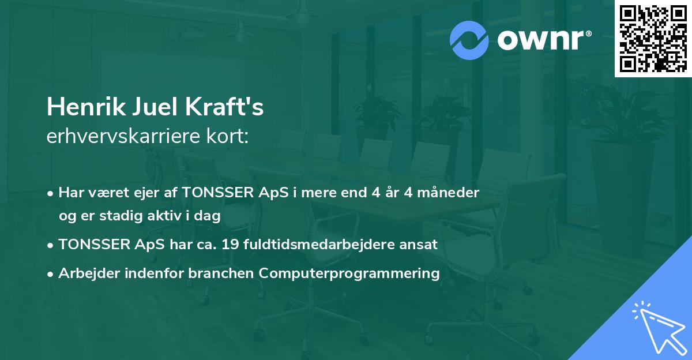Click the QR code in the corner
(653, 39)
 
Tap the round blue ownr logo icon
(469, 40)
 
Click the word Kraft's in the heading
(224, 107)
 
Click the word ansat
(422, 245)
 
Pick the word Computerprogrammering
(349, 273)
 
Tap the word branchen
(221, 273)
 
